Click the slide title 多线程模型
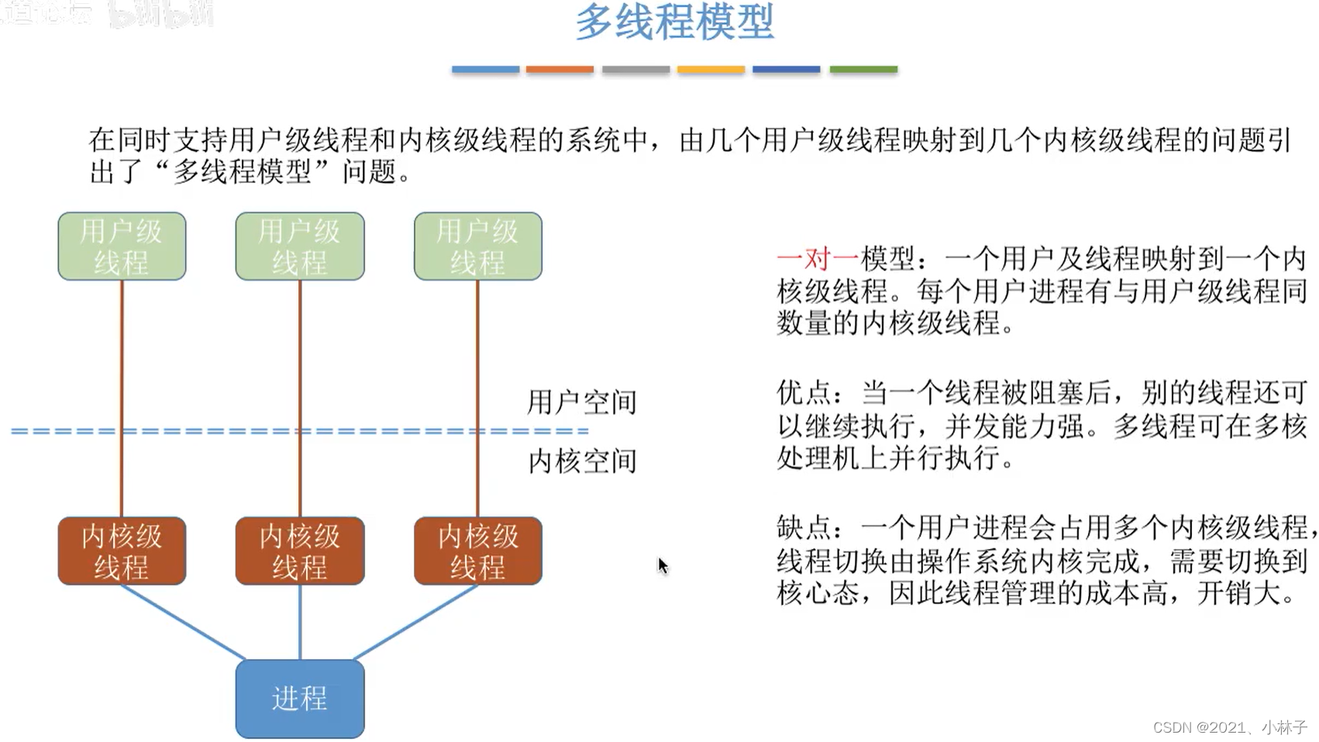[x=674, y=22]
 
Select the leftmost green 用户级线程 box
[x=122, y=247]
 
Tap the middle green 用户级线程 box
[x=300, y=247]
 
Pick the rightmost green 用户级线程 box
[x=477, y=247]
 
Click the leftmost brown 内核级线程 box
[x=122, y=550]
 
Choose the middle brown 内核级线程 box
[x=300, y=550]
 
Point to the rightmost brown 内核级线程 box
[x=477, y=550]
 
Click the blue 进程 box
[x=300, y=699]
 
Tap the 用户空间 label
[x=581, y=402]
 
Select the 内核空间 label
[x=581, y=461]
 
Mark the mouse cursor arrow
[x=662, y=565]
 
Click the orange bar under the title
[x=560, y=70]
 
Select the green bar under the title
[x=863, y=70]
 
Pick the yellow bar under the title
[x=711, y=70]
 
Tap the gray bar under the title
[x=635, y=70]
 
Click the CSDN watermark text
[x=1229, y=727]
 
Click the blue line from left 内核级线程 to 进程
[x=183, y=622]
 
